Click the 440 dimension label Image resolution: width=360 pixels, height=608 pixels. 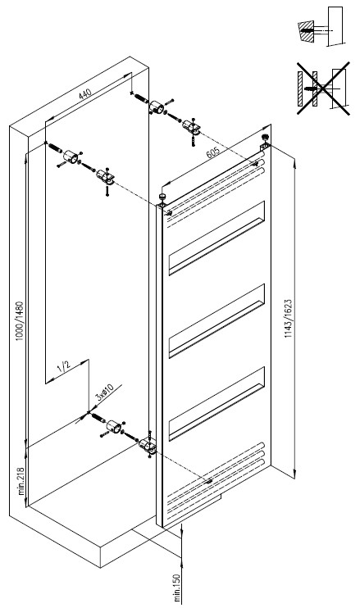tap(85, 94)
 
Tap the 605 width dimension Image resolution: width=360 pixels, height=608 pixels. tap(213, 152)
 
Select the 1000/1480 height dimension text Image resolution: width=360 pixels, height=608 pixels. tap(20, 321)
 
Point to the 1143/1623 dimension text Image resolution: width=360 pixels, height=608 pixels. tap(288, 319)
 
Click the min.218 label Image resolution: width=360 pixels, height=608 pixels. tap(21, 481)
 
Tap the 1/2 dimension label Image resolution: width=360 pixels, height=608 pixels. tap(64, 365)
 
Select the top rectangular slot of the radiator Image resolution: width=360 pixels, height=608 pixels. tap(216, 238)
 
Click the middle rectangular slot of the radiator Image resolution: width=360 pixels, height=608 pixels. tap(216, 320)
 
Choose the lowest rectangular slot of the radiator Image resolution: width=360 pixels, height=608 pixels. tap(216, 403)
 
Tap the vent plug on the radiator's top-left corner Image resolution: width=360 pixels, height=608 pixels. tap(162, 198)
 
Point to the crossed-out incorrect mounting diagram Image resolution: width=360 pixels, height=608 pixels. tap(324, 88)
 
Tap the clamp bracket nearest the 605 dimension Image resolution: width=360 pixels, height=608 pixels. tap(191, 127)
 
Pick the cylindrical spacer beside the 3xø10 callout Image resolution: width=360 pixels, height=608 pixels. tap(115, 427)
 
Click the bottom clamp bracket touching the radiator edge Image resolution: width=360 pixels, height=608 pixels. tap(148, 447)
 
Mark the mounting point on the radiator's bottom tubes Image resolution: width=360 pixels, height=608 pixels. tap(209, 482)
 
